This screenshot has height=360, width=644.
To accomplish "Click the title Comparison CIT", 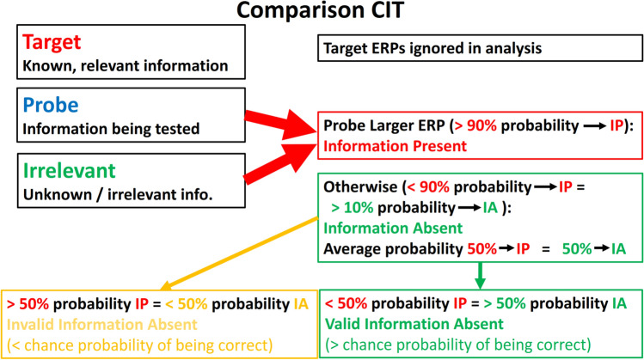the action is [x=321, y=10].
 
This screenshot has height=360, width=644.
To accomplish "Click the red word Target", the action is [x=52, y=42].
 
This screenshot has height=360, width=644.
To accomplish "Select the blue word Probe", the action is [x=51, y=106].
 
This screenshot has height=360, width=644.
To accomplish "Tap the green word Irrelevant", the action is [x=70, y=171].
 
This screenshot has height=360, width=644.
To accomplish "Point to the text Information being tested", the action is [x=111, y=129].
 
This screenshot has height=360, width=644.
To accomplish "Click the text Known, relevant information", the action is [x=126, y=65].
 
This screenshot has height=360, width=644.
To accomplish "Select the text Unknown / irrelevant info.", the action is [x=118, y=194].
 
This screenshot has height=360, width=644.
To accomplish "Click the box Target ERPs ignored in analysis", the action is [x=480, y=48].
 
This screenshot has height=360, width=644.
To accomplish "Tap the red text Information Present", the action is [x=396, y=146].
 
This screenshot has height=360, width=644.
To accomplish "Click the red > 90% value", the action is [x=475, y=125].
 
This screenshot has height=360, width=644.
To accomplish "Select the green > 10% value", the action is [x=352, y=208].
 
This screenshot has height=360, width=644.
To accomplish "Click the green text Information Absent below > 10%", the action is [x=393, y=229].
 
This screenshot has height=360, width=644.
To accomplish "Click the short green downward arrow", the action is [x=480, y=276].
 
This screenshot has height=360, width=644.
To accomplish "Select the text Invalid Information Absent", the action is [x=102, y=325].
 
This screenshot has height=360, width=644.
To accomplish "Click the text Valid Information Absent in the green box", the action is [x=414, y=324].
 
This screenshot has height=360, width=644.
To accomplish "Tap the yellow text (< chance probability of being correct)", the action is [x=140, y=345].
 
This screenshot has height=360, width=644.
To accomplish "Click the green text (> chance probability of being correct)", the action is [x=458, y=345].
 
